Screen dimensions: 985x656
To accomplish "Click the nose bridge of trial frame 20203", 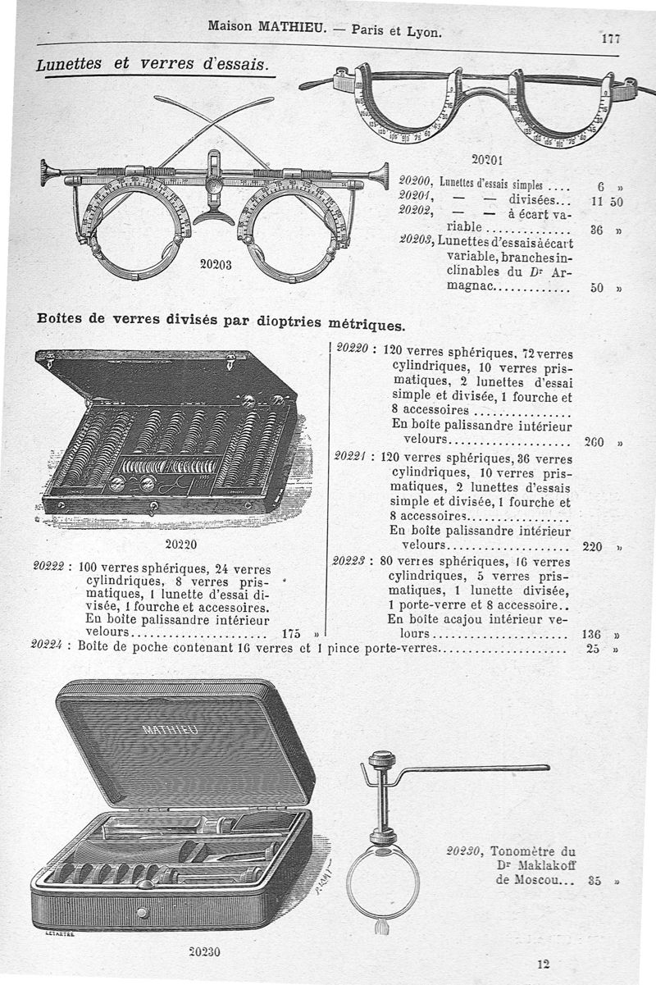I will (215, 216).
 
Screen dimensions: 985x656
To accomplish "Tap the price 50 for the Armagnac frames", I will (597, 288).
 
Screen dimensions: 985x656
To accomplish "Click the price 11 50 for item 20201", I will (605, 201).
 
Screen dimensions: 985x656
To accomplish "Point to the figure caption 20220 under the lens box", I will (180, 542).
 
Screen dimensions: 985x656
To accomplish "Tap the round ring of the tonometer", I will (382, 882).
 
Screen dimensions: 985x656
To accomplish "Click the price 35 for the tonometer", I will (596, 882).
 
